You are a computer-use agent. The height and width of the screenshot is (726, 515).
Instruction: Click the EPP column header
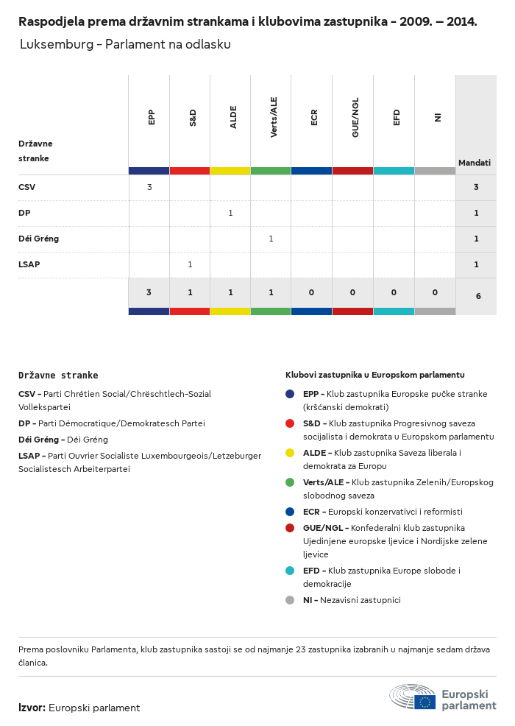[x=151, y=118]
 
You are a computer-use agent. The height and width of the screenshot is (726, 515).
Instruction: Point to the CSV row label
[x=26, y=187]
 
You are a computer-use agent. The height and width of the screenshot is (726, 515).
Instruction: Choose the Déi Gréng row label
[x=38, y=239]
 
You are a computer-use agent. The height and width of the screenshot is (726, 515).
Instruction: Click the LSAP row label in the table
[x=29, y=264]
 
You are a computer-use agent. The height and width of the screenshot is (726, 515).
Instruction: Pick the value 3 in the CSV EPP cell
[x=149, y=187]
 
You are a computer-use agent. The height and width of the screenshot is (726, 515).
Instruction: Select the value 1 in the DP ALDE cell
[x=230, y=213]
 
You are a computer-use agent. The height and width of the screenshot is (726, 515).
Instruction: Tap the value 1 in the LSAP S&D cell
[x=190, y=264]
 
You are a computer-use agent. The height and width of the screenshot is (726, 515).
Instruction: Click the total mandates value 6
[x=478, y=296]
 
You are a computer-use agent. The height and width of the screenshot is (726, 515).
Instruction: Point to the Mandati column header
[x=475, y=162]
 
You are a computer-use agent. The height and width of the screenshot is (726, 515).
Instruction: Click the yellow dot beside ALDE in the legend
[x=290, y=452]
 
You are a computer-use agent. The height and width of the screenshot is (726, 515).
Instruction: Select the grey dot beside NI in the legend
[x=290, y=600]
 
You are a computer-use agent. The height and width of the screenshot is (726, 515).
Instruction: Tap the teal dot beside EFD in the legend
[x=290, y=571]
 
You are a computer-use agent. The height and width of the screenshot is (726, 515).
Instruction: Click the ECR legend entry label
[x=313, y=512]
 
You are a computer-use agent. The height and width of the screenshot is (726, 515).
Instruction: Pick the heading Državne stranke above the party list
[x=58, y=375]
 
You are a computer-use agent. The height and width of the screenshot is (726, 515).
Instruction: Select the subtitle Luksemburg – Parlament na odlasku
[x=125, y=44]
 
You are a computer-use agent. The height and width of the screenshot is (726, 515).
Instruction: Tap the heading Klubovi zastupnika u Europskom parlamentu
[x=374, y=375]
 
